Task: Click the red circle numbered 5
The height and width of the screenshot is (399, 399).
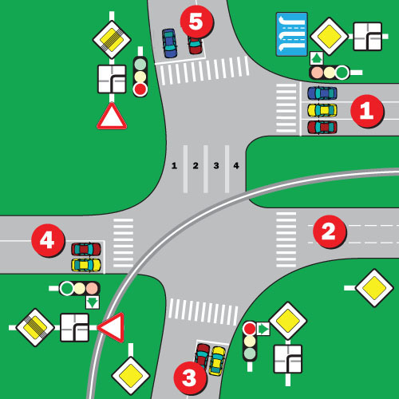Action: (197, 22)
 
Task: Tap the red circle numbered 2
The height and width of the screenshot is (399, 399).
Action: (330, 231)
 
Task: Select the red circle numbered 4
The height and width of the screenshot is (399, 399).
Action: (48, 240)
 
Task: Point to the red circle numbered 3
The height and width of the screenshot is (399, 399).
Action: (190, 378)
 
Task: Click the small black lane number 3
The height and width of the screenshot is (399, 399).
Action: (216, 166)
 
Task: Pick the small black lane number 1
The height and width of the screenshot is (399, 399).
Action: (174, 166)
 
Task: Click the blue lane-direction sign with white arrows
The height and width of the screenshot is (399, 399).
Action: (292, 34)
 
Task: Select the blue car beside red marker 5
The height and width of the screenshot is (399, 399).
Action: (169, 43)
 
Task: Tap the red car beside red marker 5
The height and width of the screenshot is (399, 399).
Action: (195, 45)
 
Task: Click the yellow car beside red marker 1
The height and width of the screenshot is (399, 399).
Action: (322, 110)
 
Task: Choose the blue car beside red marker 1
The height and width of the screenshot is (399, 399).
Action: (322, 93)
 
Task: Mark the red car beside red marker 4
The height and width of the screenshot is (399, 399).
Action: (86, 249)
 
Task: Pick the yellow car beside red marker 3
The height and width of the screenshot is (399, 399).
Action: (217, 361)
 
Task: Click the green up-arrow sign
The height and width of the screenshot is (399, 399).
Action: (317, 58)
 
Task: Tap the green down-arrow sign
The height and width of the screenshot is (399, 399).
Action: (93, 302)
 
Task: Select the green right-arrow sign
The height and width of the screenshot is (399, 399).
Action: (263, 329)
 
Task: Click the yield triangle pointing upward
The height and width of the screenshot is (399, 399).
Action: (112, 116)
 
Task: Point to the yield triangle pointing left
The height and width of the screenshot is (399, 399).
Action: (111, 327)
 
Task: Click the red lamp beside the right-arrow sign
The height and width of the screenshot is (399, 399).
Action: (250, 329)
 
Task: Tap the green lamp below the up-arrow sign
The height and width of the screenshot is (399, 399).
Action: (342, 73)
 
